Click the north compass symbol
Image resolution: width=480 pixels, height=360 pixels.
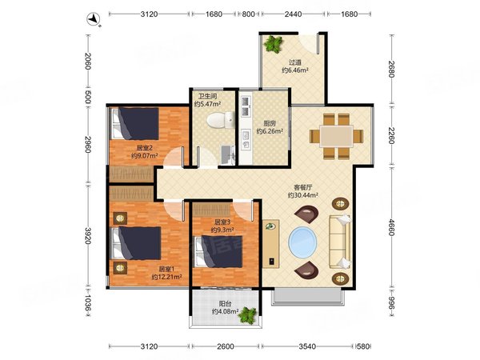coord(94,19)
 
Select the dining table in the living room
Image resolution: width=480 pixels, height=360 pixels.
coord(336,136)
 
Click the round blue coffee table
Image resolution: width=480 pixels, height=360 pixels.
coord(302,242)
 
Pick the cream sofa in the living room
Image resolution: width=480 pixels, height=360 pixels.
coord(339,242)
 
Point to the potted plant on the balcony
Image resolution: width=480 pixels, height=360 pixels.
coord(248,315)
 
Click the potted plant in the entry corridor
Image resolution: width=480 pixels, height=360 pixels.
coord(273,44)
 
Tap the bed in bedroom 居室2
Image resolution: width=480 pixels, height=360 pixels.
coord(135,123)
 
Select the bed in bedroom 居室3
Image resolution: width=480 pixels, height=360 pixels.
coord(218,251)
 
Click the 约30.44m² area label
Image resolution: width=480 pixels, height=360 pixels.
coord(303,194)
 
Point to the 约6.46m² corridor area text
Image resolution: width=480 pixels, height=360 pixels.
coord(294,70)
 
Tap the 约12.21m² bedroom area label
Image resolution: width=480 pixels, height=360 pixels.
coord(167,277)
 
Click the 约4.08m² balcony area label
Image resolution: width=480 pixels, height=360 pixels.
coord(225,312)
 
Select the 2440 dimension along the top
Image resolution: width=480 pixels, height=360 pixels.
coord(294,14)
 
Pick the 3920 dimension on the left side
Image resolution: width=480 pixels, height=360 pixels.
coord(88,235)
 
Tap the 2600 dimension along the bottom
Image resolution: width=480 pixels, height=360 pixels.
coord(226,346)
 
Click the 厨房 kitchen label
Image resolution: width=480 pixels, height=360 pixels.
coord(270,124)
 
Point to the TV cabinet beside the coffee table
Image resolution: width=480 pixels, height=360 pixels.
coord(271,244)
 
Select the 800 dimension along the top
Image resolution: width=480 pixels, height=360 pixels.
coord(248,14)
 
